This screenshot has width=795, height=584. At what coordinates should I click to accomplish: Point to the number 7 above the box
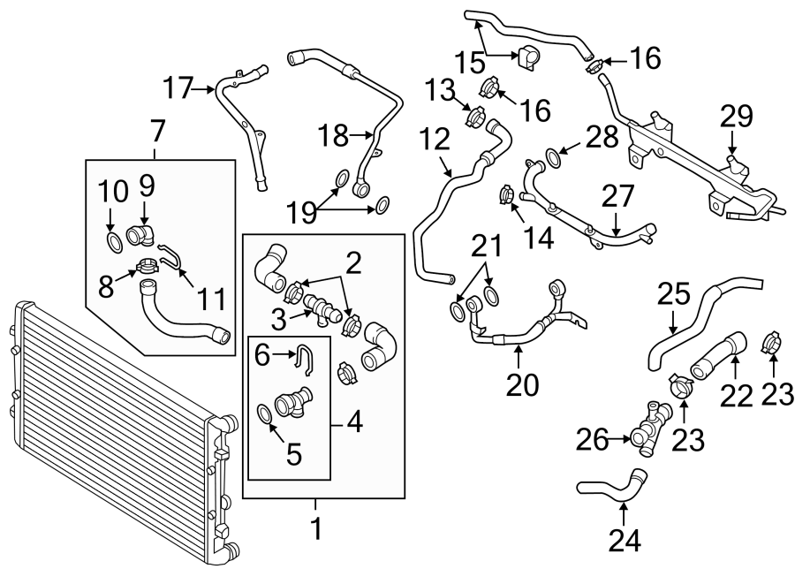tap(157, 132)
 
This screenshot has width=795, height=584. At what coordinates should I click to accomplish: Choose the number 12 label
tap(435, 140)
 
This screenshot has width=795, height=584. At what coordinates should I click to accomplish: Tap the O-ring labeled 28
tap(553, 158)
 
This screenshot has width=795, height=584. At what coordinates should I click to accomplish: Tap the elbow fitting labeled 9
tap(141, 236)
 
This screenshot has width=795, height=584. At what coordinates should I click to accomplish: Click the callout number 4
tap(354, 422)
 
